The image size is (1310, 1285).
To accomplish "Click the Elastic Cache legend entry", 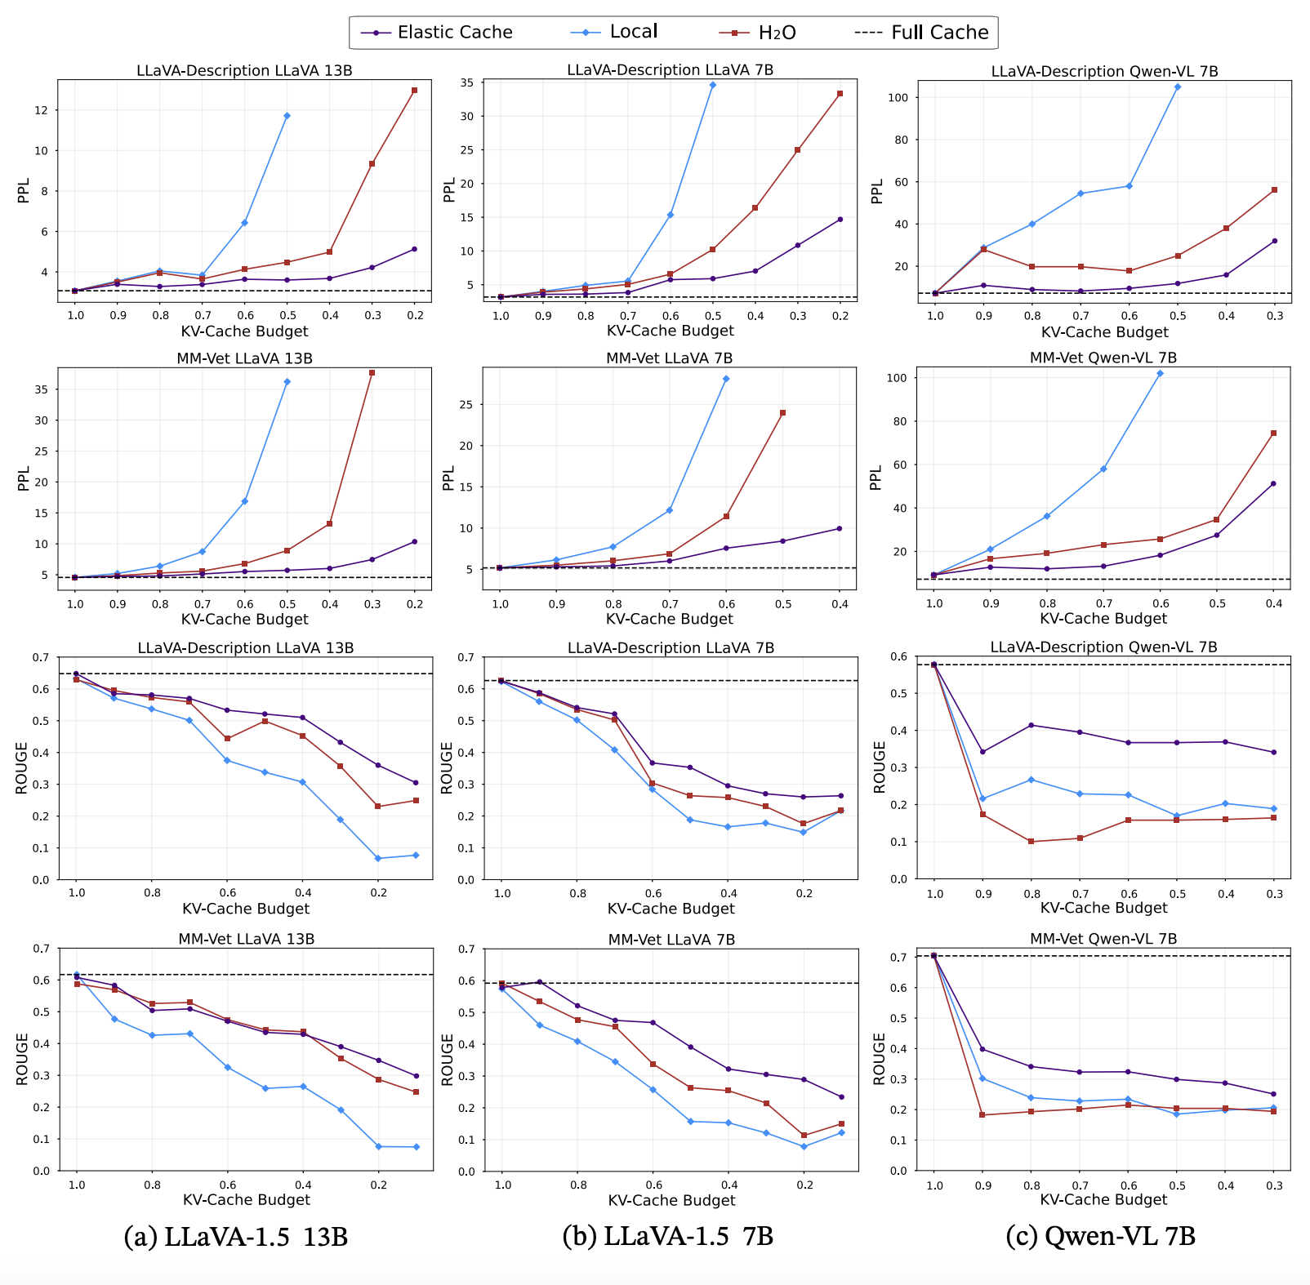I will coord(454,33).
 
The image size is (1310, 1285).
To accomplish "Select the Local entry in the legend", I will coord(633,32).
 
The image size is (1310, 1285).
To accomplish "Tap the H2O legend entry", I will coord(776,33).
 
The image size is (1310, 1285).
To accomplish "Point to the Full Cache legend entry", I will coord(939,33).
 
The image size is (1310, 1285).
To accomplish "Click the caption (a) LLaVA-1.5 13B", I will coord(236,1237).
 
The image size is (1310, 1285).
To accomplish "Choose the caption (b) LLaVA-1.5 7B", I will coord(668,1236).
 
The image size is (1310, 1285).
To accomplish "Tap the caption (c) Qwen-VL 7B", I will coord(1101,1236).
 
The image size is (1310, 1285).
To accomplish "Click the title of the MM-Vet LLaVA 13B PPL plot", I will coord(244,358).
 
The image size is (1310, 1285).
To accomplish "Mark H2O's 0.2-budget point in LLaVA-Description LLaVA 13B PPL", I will coord(414,91).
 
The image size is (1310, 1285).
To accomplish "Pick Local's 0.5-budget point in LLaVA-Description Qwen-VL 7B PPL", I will coord(1177,87).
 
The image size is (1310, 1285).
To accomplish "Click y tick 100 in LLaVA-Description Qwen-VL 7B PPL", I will coord(902,98).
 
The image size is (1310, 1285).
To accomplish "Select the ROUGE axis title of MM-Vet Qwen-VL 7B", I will coord(880,1060).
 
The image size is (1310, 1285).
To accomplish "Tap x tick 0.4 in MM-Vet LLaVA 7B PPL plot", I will coord(840,604).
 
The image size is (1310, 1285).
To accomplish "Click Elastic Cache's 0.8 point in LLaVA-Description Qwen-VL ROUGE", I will coord(1032,725).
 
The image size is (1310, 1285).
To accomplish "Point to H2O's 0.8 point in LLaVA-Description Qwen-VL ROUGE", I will coord(1032,842).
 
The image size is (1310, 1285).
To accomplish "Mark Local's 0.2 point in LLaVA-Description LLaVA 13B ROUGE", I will coord(378,858).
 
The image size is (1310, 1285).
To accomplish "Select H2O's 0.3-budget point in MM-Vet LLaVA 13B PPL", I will coord(372,373).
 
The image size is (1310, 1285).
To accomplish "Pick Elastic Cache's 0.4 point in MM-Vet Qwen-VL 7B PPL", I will coord(1273,483).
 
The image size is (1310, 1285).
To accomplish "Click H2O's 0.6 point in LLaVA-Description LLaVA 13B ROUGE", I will coord(227,739).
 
